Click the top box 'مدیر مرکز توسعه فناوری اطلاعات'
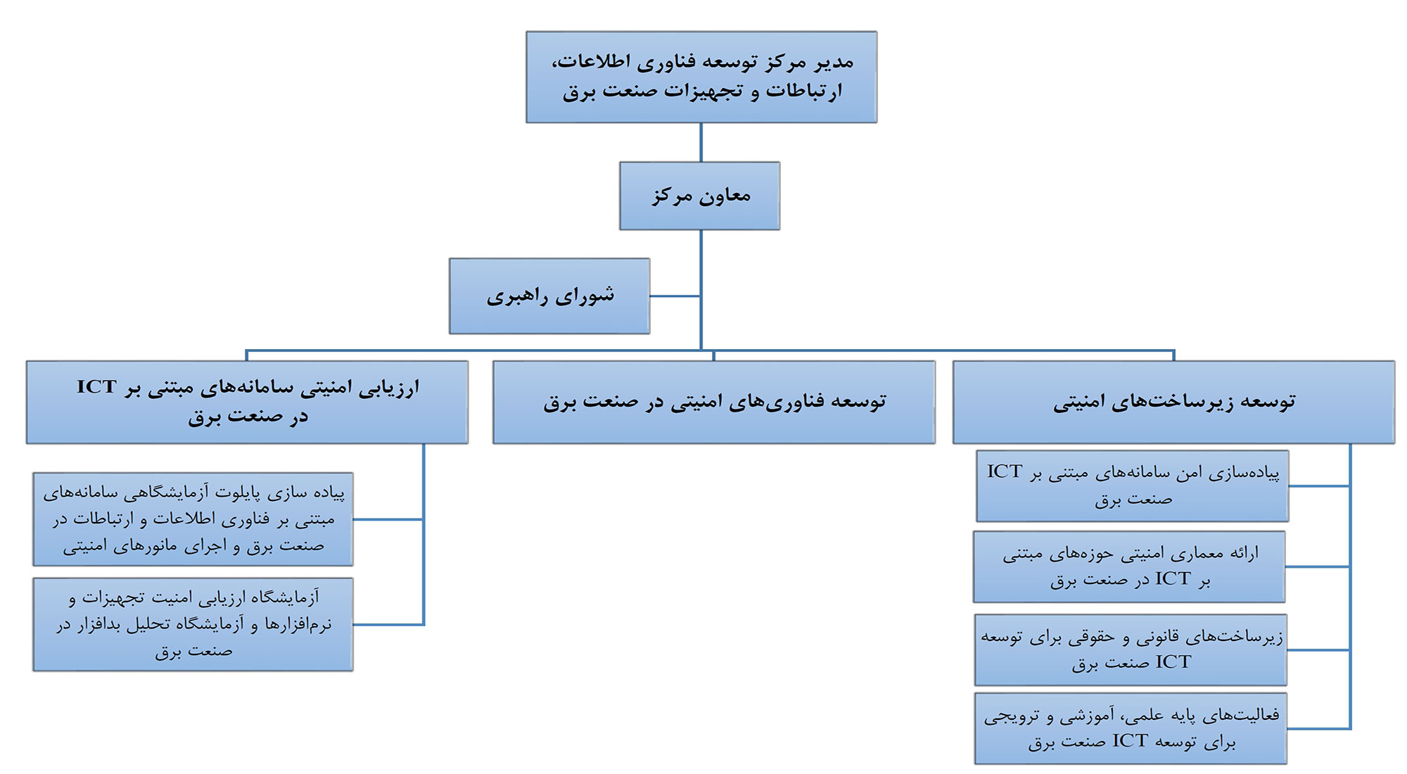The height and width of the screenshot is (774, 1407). pyautogui.click(x=701, y=77)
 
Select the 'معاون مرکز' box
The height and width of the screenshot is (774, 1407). pyautogui.click(x=700, y=196)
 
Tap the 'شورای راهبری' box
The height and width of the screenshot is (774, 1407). pyautogui.click(x=549, y=296)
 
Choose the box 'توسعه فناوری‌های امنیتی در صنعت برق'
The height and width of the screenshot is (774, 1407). pyautogui.click(x=714, y=402)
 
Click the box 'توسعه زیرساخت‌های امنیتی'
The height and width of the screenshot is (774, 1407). pyautogui.click(x=1174, y=402)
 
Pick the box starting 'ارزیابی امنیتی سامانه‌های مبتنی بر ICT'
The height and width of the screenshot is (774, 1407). pyautogui.click(x=247, y=402)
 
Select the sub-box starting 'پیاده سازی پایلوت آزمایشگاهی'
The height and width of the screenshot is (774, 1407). pyautogui.click(x=193, y=519)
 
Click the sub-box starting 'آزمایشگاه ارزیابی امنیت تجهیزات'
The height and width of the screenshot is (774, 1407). pyautogui.click(x=193, y=624)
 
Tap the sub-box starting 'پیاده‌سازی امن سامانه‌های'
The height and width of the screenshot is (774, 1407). pyautogui.click(x=1133, y=486)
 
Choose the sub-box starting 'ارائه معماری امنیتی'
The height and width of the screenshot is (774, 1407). pyautogui.click(x=1129, y=566)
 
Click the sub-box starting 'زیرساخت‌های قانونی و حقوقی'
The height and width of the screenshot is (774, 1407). pyautogui.click(x=1131, y=649)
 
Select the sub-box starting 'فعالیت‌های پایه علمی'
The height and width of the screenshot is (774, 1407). pyautogui.click(x=1131, y=728)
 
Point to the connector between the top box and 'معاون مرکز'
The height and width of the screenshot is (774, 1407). pyautogui.click(x=701, y=143)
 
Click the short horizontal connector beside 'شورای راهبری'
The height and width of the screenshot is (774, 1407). pyautogui.click(x=675, y=296)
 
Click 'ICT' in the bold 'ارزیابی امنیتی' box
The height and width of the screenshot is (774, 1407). pyautogui.click(x=97, y=387)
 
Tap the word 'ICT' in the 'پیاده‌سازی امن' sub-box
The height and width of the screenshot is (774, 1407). pyautogui.click(x=1005, y=471)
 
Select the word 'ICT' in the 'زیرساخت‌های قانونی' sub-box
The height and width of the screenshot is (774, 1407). pyautogui.click(x=1173, y=662)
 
